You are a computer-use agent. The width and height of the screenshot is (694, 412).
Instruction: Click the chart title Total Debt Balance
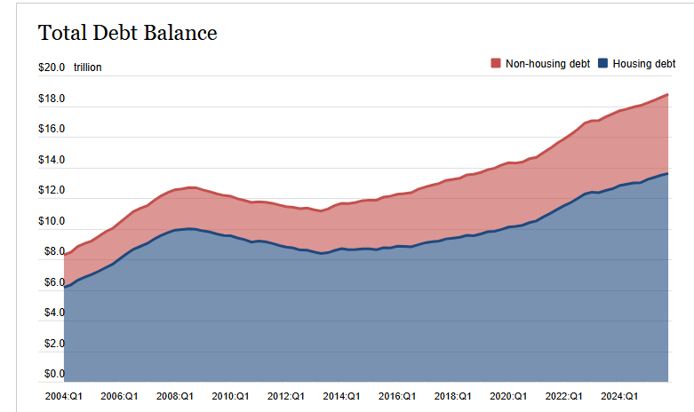(x=127, y=34)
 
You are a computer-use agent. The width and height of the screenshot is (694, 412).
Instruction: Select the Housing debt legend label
(x=644, y=64)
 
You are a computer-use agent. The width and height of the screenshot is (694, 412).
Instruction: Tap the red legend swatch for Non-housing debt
(x=496, y=64)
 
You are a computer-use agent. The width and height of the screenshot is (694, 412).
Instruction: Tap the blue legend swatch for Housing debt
(x=603, y=64)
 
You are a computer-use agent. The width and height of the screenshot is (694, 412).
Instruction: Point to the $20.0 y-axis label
(x=52, y=67)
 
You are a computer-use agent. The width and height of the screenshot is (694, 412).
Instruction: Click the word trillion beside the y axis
(x=87, y=67)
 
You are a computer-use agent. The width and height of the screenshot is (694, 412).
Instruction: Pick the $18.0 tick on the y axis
(x=52, y=99)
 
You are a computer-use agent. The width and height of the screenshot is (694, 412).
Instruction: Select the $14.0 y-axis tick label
(x=52, y=160)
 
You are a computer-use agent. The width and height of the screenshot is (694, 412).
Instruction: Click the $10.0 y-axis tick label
(x=52, y=221)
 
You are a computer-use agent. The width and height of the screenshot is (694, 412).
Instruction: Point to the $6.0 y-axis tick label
(x=52, y=282)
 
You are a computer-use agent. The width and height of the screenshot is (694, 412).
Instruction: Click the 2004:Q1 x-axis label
(x=63, y=396)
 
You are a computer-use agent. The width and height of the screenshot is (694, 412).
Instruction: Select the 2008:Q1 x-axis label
(x=175, y=396)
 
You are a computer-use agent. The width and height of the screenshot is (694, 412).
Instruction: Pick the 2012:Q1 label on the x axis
(x=286, y=396)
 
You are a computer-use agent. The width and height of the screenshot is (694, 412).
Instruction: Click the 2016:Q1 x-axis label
(x=397, y=396)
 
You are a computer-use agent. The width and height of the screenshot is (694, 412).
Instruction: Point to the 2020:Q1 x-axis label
(x=508, y=396)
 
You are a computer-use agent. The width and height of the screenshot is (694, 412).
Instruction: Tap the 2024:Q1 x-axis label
(x=619, y=396)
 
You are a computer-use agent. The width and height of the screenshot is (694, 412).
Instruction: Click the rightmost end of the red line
(x=668, y=94)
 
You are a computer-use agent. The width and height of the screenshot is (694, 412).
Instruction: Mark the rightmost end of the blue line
(x=668, y=173)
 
